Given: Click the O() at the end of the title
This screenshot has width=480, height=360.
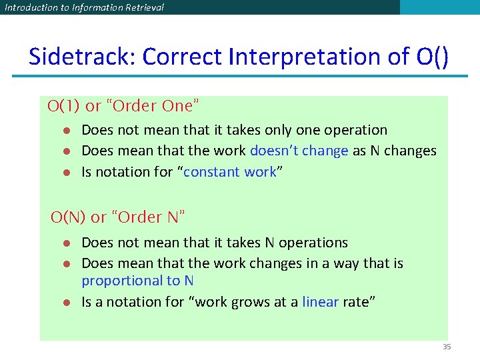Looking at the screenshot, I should click(x=432, y=57).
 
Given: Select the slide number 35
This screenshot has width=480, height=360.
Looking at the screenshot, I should click(x=447, y=347).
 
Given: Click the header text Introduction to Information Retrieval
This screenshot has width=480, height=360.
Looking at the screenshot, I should click(x=84, y=7).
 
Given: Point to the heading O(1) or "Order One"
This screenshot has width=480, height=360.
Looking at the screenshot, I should click(x=123, y=105).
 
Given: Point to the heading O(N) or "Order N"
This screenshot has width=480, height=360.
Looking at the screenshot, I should click(x=118, y=217).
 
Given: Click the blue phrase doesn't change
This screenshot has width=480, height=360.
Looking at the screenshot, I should click(x=299, y=151).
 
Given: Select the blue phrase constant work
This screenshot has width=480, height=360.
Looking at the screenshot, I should click(x=229, y=172).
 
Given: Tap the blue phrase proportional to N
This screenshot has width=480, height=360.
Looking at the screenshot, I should click(x=137, y=281).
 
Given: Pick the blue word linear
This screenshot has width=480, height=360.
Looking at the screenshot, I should click(x=320, y=302).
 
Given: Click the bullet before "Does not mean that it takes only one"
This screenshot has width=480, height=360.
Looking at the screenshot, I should click(x=67, y=131).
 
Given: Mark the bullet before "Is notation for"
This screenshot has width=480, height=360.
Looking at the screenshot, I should click(x=67, y=173).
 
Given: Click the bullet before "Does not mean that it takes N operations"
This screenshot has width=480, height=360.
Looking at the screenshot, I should click(x=67, y=243).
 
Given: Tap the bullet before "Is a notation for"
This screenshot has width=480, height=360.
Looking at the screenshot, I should click(x=67, y=303).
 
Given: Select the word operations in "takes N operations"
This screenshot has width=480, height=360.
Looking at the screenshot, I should click(x=313, y=243).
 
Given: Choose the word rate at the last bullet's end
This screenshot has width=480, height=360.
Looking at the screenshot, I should click(x=359, y=302).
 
